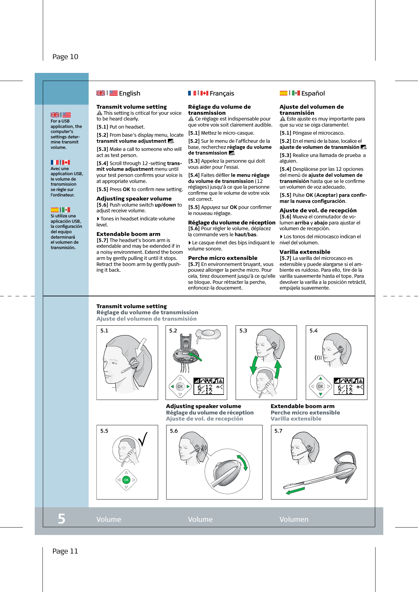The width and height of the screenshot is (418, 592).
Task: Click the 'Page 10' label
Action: pos(65,57)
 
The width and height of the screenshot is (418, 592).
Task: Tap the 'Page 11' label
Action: pos(65,551)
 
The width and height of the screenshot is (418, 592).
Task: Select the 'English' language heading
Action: pos(129,93)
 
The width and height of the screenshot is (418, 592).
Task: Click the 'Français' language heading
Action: pos(221,93)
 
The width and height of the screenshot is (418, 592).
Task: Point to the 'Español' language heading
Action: pos(313,93)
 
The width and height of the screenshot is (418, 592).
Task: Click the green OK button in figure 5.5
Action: pos(126,480)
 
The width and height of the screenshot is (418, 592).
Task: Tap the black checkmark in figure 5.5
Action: pos(143,439)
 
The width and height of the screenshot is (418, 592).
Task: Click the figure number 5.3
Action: pos(243,331)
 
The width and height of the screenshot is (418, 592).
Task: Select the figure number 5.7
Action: pos(278,431)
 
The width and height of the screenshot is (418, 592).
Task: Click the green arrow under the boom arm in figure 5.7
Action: pos(295,490)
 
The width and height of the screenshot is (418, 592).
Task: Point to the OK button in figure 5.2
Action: pos(180,387)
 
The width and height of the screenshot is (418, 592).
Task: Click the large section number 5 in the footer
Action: pos(61,519)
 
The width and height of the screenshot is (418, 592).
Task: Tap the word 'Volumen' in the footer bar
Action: pos(294,519)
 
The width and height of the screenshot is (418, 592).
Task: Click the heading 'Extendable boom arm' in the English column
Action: pos(128,234)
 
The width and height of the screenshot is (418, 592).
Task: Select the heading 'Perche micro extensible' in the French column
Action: pos(222,258)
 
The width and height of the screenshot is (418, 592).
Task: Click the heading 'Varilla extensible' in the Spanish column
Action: pos(305,252)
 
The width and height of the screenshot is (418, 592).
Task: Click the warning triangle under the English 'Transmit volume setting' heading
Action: pos(99,113)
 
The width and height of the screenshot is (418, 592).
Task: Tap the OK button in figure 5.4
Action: pos(321,386)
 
